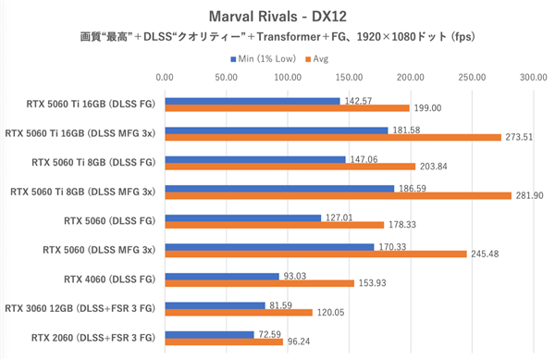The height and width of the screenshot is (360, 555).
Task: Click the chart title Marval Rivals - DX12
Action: [277, 17]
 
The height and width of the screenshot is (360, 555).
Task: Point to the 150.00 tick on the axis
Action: [349, 79]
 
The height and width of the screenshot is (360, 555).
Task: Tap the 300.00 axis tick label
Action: [534, 79]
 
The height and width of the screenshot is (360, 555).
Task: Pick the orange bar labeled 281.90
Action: [338, 195]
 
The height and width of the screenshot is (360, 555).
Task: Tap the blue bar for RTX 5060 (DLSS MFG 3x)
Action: [269, 247]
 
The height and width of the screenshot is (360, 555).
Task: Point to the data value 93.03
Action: [297, 276]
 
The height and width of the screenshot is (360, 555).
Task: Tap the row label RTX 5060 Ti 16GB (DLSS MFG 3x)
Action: [81, 134]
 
